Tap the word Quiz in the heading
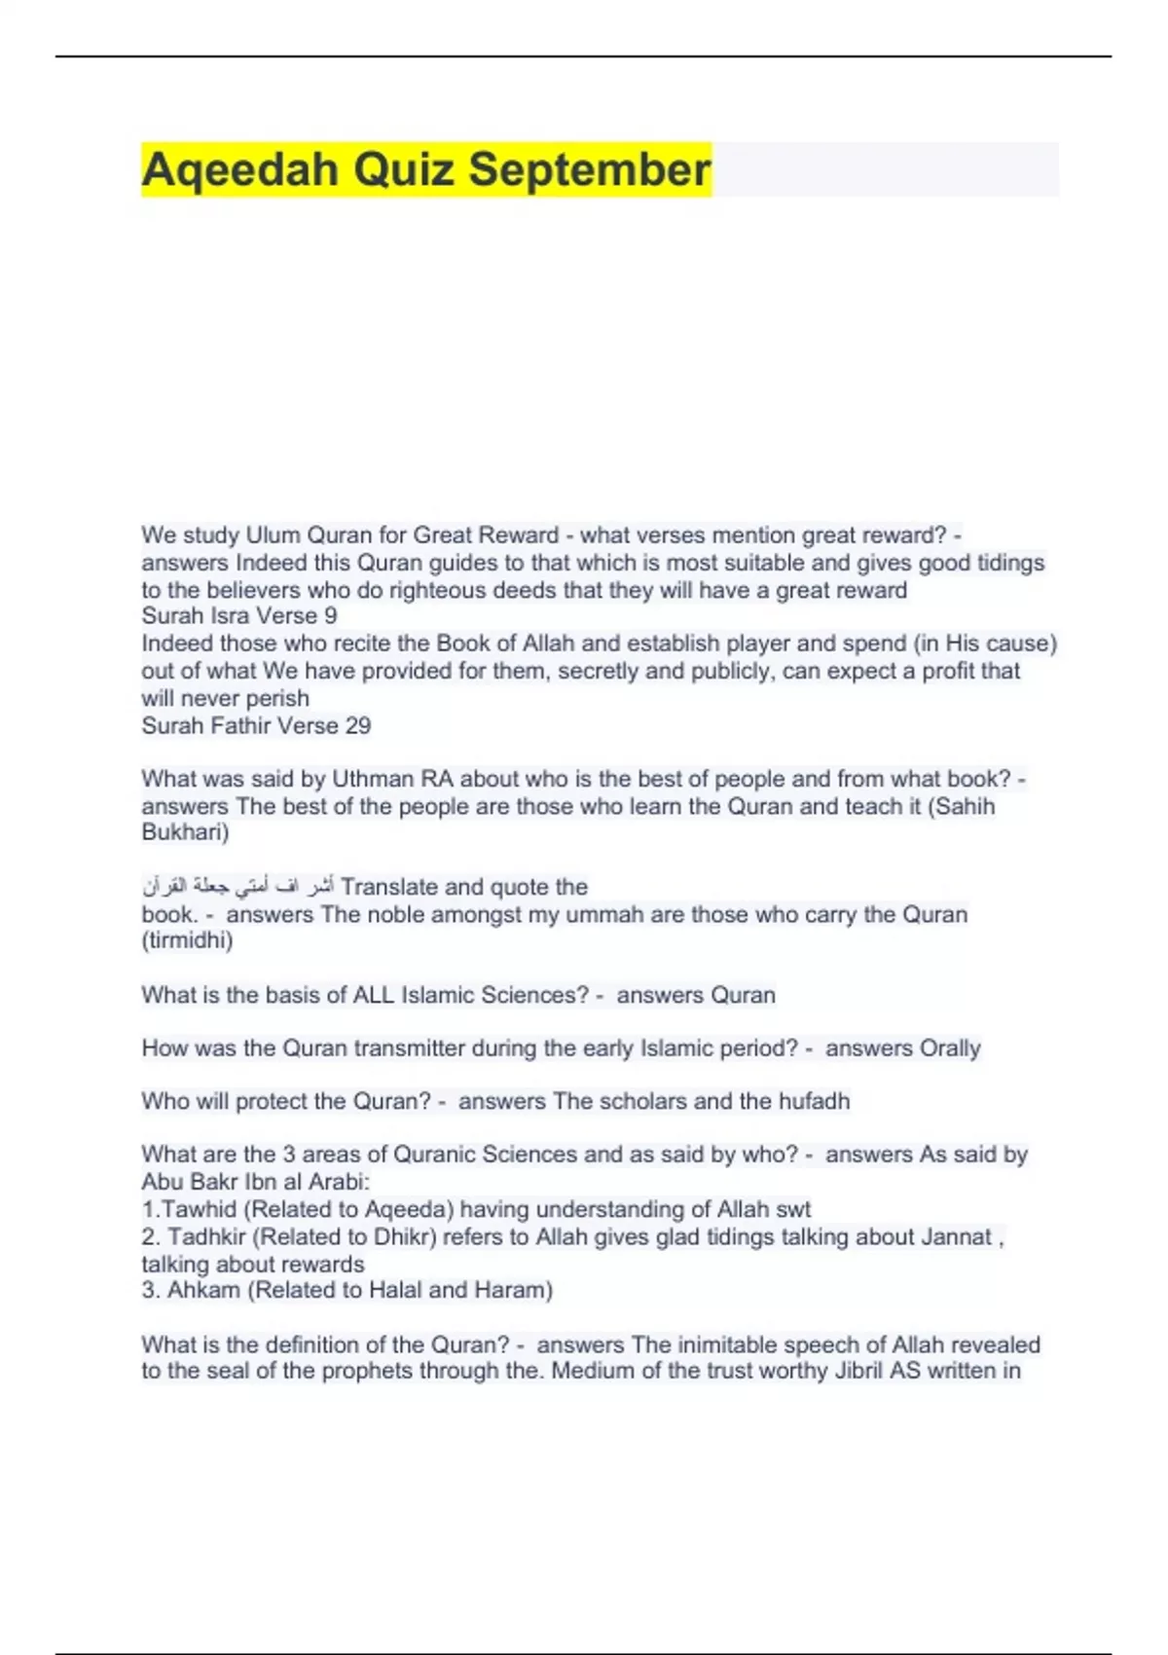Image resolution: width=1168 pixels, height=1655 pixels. pos(403,169)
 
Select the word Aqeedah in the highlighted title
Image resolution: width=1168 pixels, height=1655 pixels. pos(239,169)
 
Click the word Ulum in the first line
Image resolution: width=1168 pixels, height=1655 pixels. pos(273,535)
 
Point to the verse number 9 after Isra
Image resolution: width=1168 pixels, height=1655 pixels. pos(331,616)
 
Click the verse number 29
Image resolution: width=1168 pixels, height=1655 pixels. pos(357,726)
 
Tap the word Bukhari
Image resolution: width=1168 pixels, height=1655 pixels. pos(185,833)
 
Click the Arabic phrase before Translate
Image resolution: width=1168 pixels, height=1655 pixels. pos(237,887)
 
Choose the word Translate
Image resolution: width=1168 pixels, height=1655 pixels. pos(389,887)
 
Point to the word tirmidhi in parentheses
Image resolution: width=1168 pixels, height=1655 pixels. pos(187,941)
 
